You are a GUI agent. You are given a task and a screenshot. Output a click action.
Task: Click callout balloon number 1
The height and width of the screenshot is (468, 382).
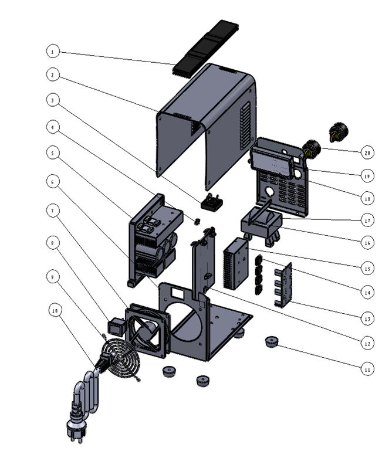point(53,52)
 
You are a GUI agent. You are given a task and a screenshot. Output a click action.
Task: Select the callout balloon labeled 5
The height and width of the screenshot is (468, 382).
point(53,152)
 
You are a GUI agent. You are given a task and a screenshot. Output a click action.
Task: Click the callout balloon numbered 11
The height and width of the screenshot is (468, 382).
point(367,369)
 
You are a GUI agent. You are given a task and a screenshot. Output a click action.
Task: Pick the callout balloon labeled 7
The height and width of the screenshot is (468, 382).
point(53,210)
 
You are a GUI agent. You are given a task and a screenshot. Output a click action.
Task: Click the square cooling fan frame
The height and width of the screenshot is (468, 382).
point(149,330)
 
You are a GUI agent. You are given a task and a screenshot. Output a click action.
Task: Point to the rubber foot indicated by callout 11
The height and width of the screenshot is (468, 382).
point(271,341)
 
